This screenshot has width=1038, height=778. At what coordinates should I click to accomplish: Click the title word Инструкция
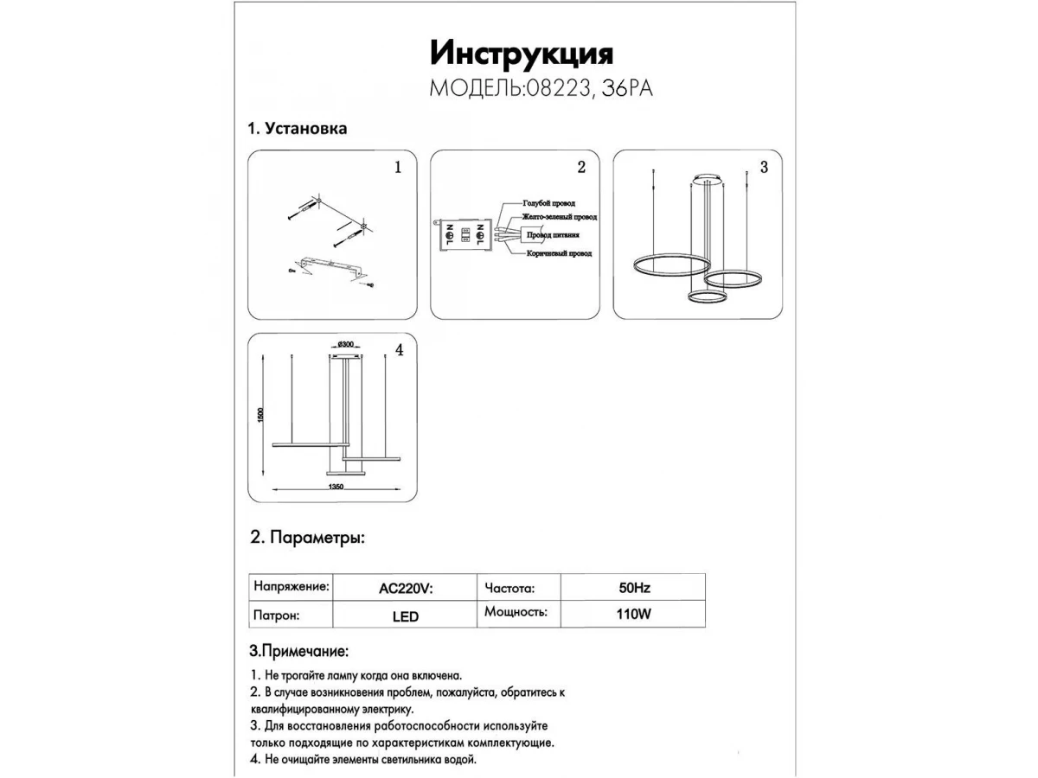coord(522,54)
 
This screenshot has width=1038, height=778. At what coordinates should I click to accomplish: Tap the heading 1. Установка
coord(298,129)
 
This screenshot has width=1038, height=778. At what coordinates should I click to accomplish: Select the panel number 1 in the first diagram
coord(398,168)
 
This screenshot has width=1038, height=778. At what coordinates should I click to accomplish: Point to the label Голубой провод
coord(548,203)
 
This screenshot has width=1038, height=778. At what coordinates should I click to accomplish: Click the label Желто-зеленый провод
coord(559,218)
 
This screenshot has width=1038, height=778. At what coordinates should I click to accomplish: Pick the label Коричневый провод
coord(558,254)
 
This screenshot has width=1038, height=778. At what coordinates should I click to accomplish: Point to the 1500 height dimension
coord(260,416)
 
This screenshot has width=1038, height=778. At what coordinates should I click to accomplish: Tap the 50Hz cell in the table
coord(634,588)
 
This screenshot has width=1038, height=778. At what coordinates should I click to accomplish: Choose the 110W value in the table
coord(634,615)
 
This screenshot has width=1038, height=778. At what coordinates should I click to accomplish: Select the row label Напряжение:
coord(291,586)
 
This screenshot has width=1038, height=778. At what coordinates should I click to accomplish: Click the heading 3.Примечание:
coord(298,650)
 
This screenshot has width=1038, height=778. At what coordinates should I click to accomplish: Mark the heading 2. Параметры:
coord(307,538)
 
